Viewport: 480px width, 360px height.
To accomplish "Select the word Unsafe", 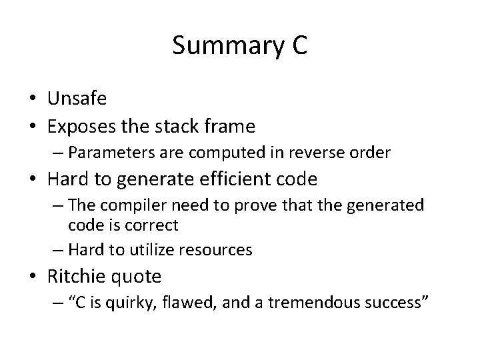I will click(77, 99).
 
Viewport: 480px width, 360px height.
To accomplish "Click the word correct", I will click(155, 225).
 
